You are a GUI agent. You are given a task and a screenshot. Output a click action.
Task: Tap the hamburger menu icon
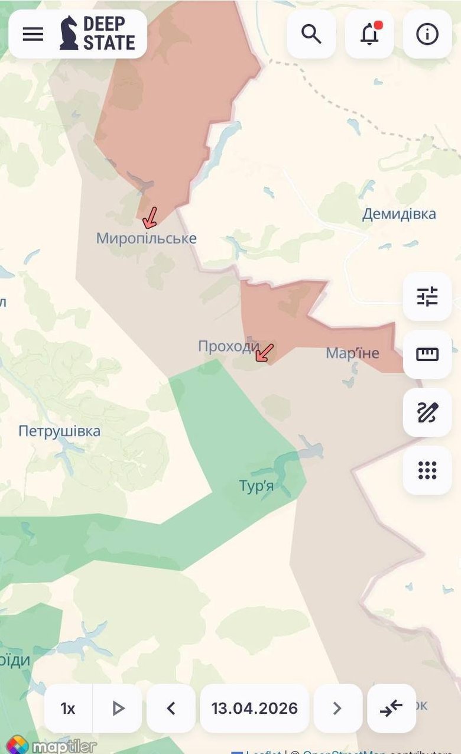[33, 34]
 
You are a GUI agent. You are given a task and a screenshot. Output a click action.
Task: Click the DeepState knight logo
[69, 33]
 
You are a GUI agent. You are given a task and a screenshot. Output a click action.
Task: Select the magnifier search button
[311, 34]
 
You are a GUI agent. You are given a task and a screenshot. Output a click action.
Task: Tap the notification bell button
[369, 34]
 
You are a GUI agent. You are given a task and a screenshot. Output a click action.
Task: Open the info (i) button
[427, 34]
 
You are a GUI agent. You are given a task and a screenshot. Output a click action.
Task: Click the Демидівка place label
[399, 214]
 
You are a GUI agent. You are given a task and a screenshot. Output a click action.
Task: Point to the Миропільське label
[146, 239]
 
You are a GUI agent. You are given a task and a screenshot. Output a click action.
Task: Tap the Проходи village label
[228, 346]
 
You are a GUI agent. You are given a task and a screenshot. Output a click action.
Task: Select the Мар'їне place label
[353, 353]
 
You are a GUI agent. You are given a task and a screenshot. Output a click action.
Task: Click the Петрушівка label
[59, 431]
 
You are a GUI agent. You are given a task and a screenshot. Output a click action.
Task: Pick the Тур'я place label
[256, 486]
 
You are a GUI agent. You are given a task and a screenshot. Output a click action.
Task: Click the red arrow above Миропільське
[150, 217]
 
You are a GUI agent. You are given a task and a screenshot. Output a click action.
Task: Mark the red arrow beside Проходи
[264, 352]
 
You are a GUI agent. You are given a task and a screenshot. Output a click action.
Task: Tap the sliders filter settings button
[427, 297]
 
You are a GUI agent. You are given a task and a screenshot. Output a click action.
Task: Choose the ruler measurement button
[427, 355]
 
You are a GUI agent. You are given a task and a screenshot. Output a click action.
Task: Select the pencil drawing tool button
[427, 412]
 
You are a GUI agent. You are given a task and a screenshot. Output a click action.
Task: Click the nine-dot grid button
[427, 470]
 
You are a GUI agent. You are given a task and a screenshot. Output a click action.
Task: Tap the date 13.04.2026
[254, 708]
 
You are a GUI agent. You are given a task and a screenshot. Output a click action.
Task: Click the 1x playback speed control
[68, 708]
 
